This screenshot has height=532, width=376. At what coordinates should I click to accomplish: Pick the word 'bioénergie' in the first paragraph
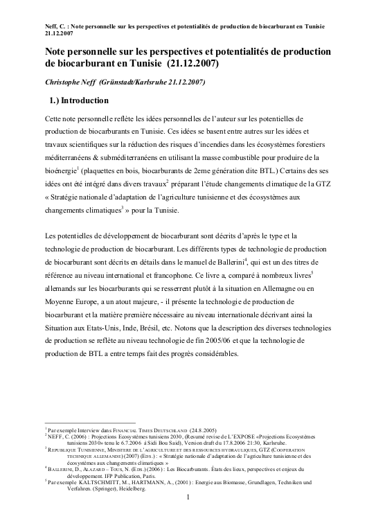(x=61, y=170)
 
